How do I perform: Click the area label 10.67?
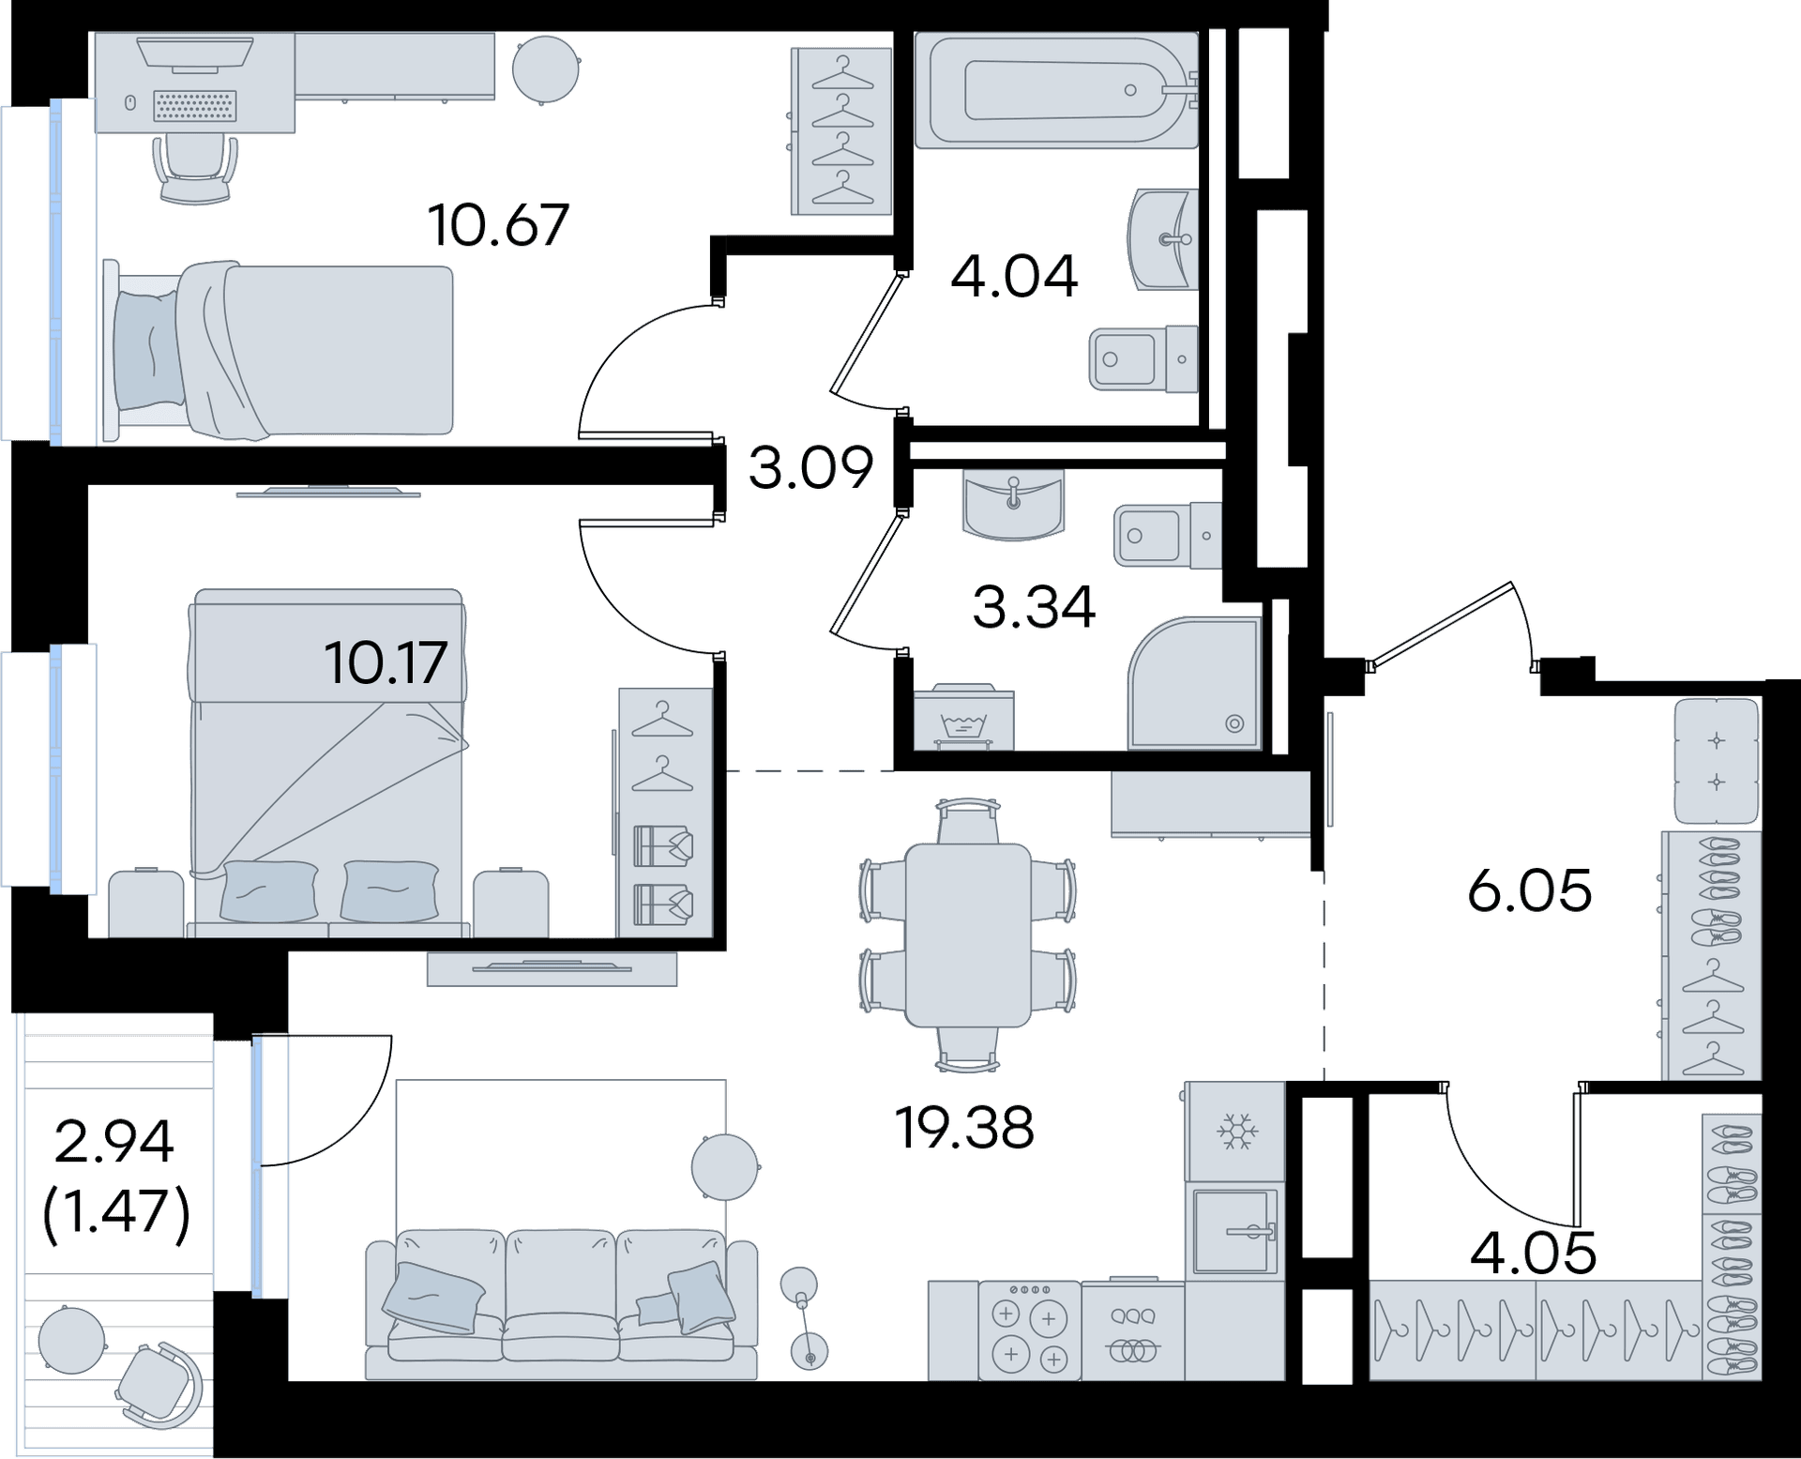tap(498, 225)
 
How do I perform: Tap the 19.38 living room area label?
tap(964, 1127)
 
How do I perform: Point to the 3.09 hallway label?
tap(811, 467)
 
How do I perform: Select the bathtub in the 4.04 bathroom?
tap(1057, 90)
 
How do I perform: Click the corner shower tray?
tap(1195, 683)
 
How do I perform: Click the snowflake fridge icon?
tap(1236, 1132)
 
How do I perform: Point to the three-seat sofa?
tap(561, 1303)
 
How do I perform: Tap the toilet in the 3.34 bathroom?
tap(1168, 535)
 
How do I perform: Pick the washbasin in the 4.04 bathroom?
tap(1165, 239)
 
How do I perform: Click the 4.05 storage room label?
tap(1533, 1253)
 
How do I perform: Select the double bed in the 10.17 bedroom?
tap(328, 762)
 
